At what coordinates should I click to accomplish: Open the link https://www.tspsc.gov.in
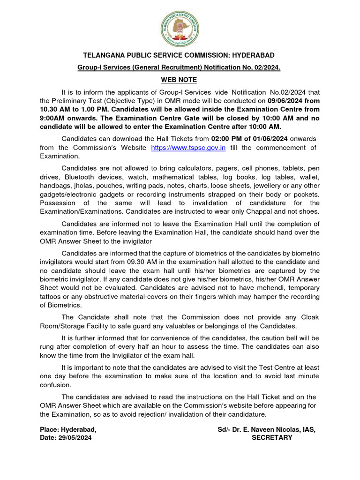click(188, 148)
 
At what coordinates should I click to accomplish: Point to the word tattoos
click(52, 297)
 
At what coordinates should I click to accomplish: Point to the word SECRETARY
click(272, 438)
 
